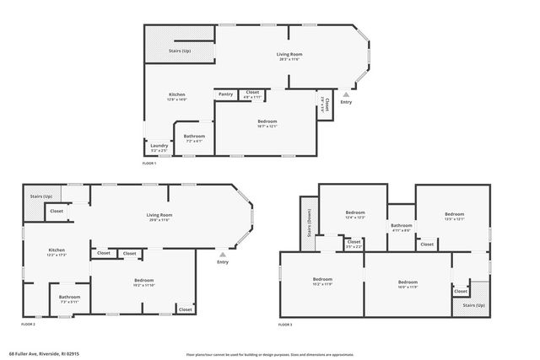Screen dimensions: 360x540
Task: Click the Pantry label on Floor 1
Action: point(226,94)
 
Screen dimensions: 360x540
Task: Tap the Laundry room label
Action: point(159,145)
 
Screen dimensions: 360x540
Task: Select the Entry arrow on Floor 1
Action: point(346,95)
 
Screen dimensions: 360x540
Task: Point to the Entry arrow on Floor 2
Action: point(223,254)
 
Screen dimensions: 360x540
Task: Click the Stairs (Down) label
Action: point(308,224)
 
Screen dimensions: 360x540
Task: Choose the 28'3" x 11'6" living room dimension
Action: point(289,60)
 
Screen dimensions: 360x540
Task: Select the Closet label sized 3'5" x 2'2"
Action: point(354,244)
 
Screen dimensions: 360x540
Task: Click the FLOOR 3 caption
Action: point(285,325)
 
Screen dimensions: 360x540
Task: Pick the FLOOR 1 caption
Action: point(148,163)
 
